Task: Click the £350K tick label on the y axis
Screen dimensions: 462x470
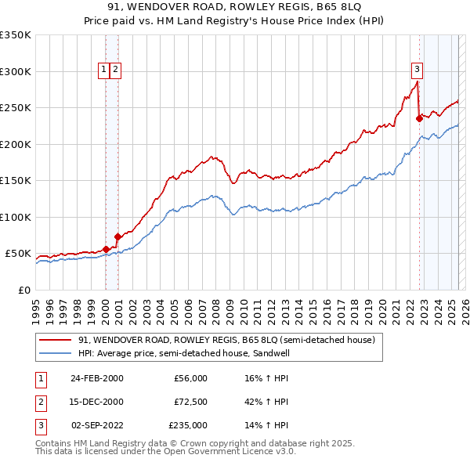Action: point(16,35)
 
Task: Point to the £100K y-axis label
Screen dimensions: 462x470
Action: point(16,217)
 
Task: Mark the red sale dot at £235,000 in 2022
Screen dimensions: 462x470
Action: point(419,119)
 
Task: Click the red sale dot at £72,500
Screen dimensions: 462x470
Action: point(117,236)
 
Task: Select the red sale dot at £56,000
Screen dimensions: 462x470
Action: point(106,249)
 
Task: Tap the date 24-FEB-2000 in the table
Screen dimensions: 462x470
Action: point(97,378)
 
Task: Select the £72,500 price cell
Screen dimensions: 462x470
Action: point(190,402)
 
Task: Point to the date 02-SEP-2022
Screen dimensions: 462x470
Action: point(97,425)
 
